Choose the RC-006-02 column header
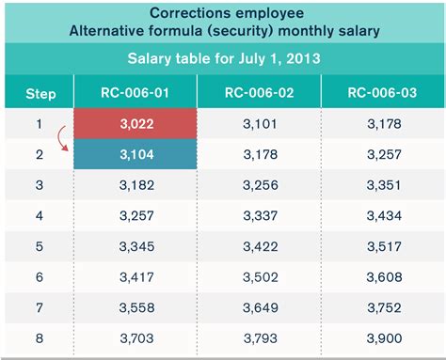(x=259, y=93)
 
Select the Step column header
(x=39, y=94)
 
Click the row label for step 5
(x=39, y=246)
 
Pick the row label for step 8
(x=39, y=339)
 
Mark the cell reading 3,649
(x=259, y=308)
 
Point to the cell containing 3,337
(x=259, y=215)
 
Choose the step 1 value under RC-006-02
(x=259, y=122)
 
